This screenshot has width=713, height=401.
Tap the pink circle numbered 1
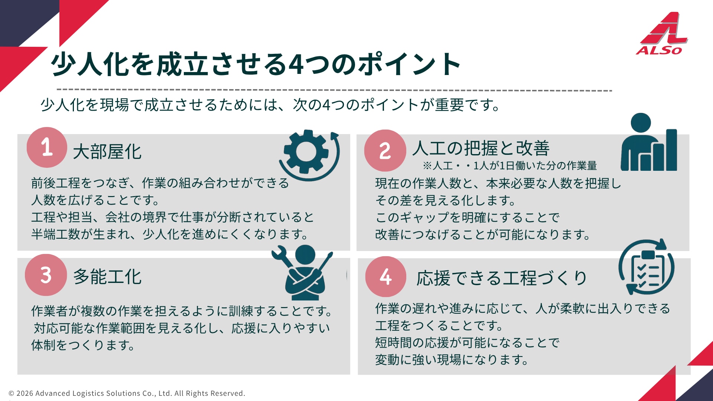[47, 147]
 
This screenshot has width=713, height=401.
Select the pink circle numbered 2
[385, 150]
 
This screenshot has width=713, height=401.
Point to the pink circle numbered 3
[46, 275]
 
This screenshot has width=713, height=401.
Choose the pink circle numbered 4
[385, 277]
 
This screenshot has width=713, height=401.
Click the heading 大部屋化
[107, 152]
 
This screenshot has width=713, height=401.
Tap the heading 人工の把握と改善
[481, 148]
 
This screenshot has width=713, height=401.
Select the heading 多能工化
[107, 277]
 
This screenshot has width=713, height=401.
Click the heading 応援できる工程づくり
[502, 278]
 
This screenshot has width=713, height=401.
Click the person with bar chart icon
[649, 142]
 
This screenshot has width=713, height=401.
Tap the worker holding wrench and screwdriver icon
[303, 273]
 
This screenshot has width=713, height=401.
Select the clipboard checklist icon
[647, 267]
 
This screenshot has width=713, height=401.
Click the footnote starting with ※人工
[509, 166]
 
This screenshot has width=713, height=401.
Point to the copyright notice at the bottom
[127, 393]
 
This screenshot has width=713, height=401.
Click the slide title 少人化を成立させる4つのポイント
[256, 64]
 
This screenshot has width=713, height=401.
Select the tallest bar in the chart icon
[671, 150]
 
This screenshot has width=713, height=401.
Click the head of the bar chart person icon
[641, 123]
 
